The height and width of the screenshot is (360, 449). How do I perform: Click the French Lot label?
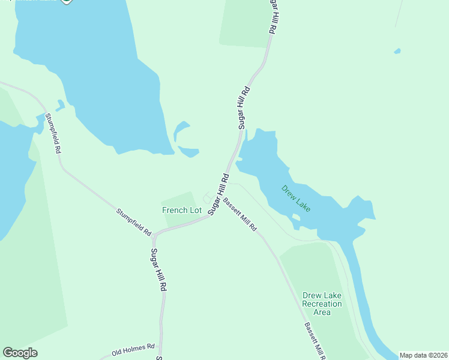[181, 210]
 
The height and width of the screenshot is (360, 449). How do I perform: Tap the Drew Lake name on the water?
[296, 198]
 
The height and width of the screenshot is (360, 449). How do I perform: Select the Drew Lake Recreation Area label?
[322, 304]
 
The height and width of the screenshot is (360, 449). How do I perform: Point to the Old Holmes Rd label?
[133, 347]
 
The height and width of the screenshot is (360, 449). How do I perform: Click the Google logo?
[20, 353]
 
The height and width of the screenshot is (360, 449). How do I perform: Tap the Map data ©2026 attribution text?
[423, 355]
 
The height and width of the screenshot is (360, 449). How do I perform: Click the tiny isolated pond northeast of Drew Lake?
[397, 52]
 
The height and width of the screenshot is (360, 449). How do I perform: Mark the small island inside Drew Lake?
[295, 217]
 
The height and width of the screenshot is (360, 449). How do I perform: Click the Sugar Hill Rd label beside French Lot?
[218, 194]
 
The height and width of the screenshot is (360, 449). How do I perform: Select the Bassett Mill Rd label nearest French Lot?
[240, 215]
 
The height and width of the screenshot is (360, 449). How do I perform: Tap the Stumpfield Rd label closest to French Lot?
[133, 220]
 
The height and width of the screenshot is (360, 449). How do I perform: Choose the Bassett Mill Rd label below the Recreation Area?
[314, 340]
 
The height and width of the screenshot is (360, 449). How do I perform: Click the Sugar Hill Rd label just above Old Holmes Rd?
[158, 270]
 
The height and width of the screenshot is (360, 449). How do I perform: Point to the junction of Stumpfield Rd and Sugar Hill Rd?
[154, 235]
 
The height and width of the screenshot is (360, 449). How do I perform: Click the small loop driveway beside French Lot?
[207, 198]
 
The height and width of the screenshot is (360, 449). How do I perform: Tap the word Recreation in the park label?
[322, 304]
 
